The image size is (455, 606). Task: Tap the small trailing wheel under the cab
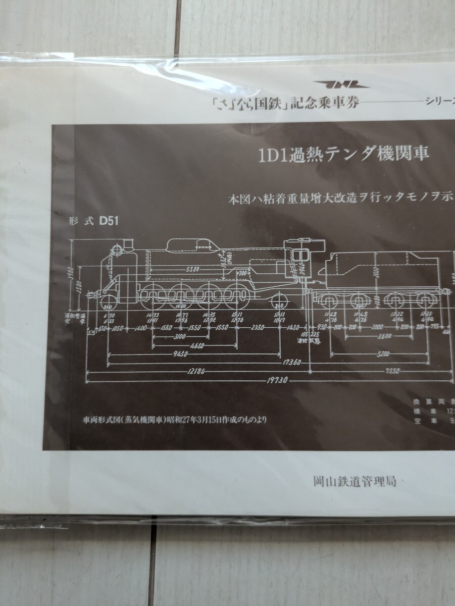coord(277,302)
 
